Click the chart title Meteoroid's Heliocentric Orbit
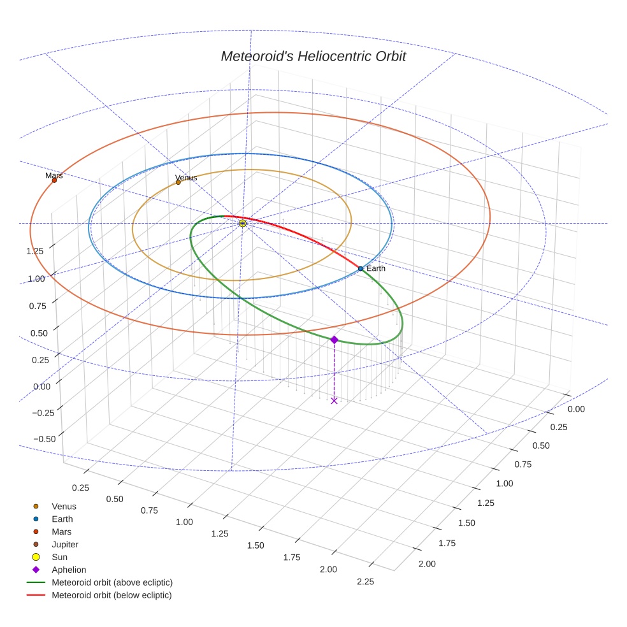pyautogui.click(x=313, y=56)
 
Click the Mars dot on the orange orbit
pyautogui.click(x=54, y=180)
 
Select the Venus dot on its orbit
pyautogui.click(x=178, y=183)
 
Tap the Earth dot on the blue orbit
pyautogui.click(x=360, y=269)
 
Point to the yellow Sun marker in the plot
pyautogui.click(x=243, y=223)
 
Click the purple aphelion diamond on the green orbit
pyautogui.click(x=334, y=340)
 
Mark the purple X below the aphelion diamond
pyautogui.click(x=334, y=400)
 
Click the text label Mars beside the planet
pyautogui.click(x=54, y=175)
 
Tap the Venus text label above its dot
pyautogui.click(x=186, y=178)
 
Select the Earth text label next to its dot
pyautogui.click(x=376, y=269)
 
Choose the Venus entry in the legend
pyautogui.click(x=64, y=507)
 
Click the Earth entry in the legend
pyautogui.click(x=62, y=519)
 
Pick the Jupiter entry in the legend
pyautogui.click(x=65, y=545)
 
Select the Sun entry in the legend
pyautogui.click(x=59, y=558)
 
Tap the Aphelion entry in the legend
pyautogui.click(x=69, y=570)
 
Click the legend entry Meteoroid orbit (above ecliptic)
pyautogui.click(x=112, y=583)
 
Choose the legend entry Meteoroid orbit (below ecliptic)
pyautogui.click(x=112, y=596)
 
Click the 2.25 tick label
pyautogui.click(x=365, y=581)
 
